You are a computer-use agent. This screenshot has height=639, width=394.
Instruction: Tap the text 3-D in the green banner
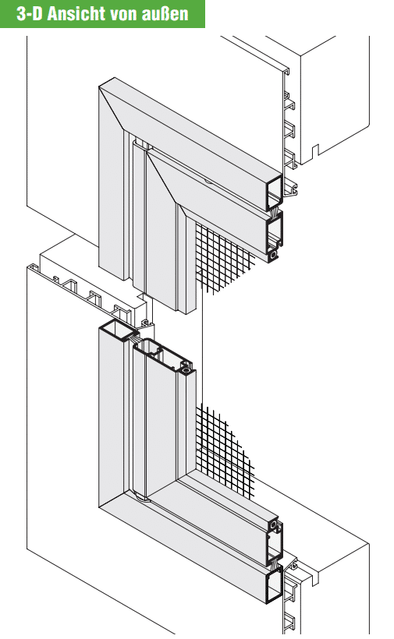click(30, 14)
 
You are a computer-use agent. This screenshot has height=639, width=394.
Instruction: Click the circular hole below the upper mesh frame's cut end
click(273, 255)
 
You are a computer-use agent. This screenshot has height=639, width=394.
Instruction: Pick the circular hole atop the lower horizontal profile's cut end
click(274, 524)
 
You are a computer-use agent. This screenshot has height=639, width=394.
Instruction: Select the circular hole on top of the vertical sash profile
click(186, 370)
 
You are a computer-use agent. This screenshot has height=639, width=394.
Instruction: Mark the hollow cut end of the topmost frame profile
click(274, 192)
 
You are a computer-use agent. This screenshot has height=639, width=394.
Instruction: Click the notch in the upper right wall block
click(314, 150)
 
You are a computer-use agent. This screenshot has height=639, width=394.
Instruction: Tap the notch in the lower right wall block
click(314, 577)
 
